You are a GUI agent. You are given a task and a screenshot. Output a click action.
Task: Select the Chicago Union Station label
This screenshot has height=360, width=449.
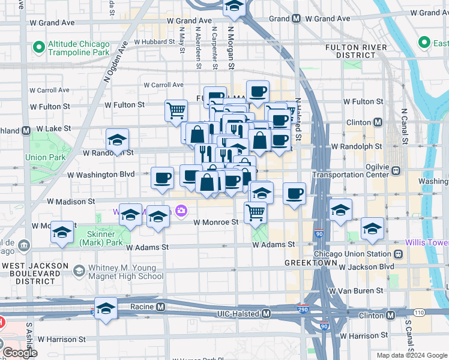[x=355, y=254]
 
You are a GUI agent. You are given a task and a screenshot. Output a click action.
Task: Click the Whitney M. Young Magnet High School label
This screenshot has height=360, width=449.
[x=125, y=272]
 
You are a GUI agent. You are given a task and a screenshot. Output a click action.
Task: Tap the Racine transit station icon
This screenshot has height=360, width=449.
[x=160, y=307]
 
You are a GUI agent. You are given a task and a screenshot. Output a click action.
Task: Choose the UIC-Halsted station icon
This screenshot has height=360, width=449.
[x=267, y=313]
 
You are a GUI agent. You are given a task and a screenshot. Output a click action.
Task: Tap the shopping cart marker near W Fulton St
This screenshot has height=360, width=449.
[x=176, y=110]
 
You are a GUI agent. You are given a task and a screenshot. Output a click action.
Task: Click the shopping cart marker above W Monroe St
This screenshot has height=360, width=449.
[x=256, y=212]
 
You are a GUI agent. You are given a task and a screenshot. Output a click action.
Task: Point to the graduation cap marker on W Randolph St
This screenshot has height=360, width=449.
[x=117, y=140]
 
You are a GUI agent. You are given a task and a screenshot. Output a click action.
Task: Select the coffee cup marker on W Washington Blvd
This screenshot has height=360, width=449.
[x=162, y=178]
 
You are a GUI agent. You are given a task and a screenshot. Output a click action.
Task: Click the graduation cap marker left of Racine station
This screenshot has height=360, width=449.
[x=106, y=308]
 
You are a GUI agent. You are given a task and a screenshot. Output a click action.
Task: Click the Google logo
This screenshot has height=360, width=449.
[x=20, y=353]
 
